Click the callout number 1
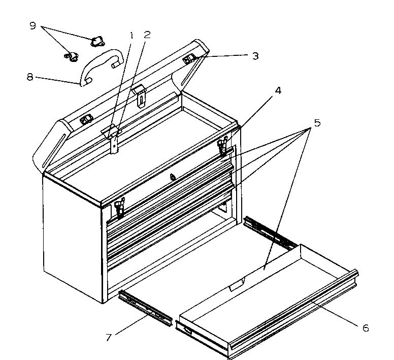click(131, 36)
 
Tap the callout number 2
click(147, 36)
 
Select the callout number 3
click(255, 56)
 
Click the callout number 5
click(316, 123)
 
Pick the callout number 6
click(365, 328)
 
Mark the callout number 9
click(33, 25)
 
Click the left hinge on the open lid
click(86, 119)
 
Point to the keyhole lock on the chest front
click(173, 177)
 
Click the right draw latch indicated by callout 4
click(222, 146)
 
